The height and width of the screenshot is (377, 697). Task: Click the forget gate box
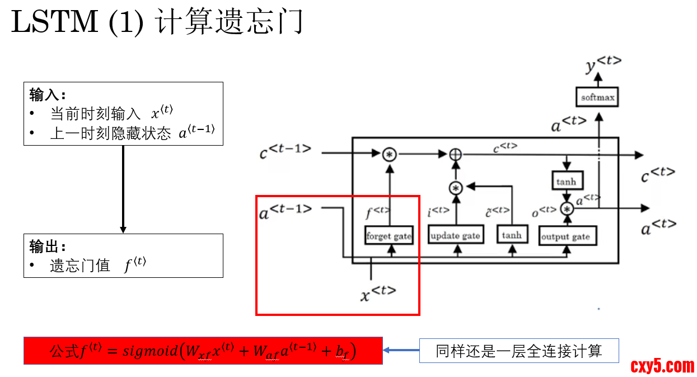click(389, 236)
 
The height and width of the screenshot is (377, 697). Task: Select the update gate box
click(455, 236)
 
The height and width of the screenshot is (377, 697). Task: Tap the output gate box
click(565, 236)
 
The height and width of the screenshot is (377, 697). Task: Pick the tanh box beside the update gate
click(512, 235)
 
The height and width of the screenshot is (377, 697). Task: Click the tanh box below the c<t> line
click(566, 181)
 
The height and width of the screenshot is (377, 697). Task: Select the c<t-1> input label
click(285, 152)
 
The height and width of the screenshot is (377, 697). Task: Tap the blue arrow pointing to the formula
click(401, 351)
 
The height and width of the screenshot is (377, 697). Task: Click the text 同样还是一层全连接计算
click(518, 351)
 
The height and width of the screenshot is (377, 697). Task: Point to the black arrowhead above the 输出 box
click(123, 230)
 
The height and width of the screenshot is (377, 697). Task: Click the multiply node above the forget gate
click(389, 155)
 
